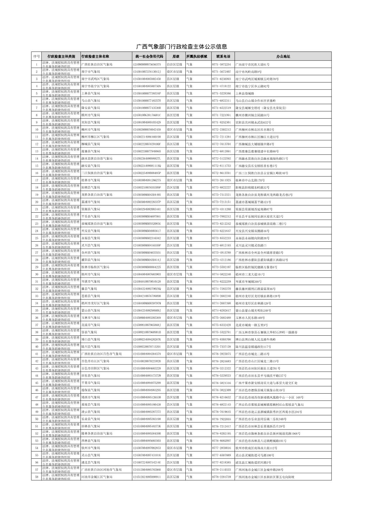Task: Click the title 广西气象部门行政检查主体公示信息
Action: (181, 47)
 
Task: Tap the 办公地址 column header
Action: (283, 57)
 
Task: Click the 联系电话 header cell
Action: (223, 57)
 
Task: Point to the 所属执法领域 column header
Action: (197, 57)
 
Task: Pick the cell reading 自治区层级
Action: (174, 64)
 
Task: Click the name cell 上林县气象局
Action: (91, 93)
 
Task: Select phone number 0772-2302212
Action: (221, 129)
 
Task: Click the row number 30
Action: (36, 274)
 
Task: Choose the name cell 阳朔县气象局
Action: (91, 187)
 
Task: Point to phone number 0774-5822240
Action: (221, 274)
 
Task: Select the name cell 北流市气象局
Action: (91, 325)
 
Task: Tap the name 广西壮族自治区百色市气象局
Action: (102, 354)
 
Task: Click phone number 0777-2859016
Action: (221, 448)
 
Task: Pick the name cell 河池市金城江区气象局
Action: (97, 477)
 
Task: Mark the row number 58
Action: (36, 477)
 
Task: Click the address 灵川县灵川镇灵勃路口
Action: (251, 245)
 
